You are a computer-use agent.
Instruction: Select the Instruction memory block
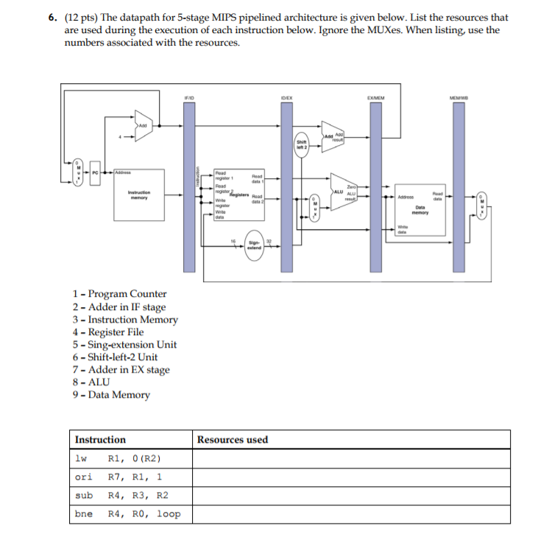coord(138,194)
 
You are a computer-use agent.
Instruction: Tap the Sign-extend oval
coord(254,245)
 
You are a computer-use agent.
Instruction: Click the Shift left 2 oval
coord(301,144)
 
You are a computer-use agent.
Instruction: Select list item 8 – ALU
coord(91,382)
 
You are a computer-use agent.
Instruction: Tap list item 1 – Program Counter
coord(119,294)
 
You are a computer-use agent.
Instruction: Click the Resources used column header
coord(233,440)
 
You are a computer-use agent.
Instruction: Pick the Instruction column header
coord(100,440)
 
